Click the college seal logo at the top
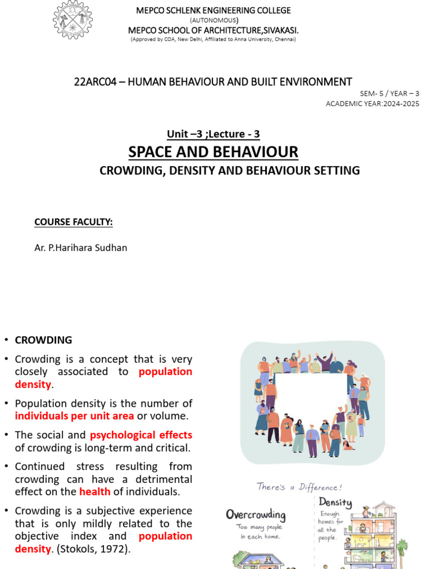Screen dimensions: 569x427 pyautogui.click(x=72, y=21)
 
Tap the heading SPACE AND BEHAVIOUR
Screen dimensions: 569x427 pyautogui.click(x=213, y=152)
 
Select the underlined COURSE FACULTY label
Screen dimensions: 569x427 pyautogui.click(x=73, y=222)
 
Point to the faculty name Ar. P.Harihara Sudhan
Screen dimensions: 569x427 pyautogui.click(x=81, y=248)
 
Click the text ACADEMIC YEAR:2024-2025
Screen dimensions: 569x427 pyautogui.click(x=372, y=104)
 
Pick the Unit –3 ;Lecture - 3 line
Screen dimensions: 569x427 pyautogui.click(x=213, y=134)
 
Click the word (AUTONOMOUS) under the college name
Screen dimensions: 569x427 pyautogui.click(x=214, y=20)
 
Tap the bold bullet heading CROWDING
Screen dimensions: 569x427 pyautogui.click(x=43, y=340)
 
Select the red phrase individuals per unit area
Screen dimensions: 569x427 pyautogui.click(x=75, y=416)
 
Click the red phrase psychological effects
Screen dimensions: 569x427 pyautogui.click(x=141, y=435)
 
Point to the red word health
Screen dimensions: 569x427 pyautogui.click(x=91, y=492)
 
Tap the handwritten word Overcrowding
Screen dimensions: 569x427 pyautogui.click(x=256, y=514)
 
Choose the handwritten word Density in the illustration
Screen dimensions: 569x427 pyautogui.click(x=335, y=503)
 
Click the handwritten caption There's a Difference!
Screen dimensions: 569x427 pyautogui.click(x=300, y=487)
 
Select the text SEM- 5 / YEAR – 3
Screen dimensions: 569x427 pyautogui.click(x=390, y=93)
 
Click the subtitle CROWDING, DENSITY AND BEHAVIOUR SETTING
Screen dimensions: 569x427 pyautogui.click(x=230, y=171)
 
